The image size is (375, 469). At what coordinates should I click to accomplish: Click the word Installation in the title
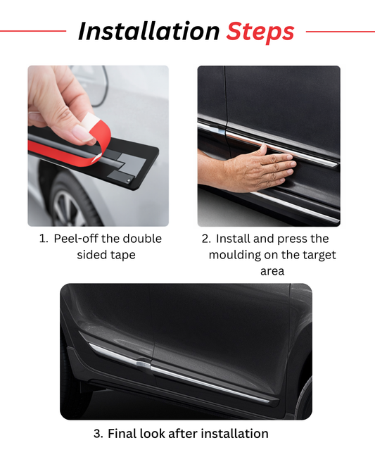pos(148,32)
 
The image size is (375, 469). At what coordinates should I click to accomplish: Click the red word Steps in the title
pos(260,32)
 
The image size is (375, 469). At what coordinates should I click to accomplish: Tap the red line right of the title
pos(340,31)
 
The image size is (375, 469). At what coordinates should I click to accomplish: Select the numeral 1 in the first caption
pos(42,239)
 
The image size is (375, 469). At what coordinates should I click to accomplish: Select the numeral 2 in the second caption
pos(205,239)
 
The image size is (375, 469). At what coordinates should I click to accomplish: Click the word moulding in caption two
pos(236,255)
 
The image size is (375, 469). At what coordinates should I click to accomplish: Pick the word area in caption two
pos(272,271)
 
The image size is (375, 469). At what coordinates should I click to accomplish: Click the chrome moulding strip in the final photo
pos(211,380)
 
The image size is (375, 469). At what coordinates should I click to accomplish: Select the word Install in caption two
pos(236,239)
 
